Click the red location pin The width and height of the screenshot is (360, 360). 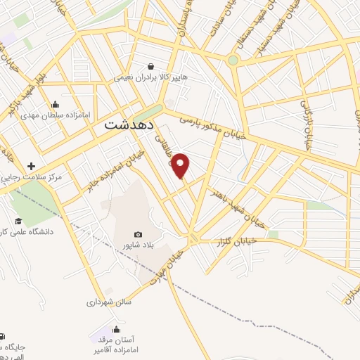(181, 165)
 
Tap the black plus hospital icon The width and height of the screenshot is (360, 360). (31, 167)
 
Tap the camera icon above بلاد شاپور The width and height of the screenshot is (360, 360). (138, 235)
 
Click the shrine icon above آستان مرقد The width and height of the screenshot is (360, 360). (116, 328)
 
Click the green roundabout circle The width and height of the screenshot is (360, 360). (233, 60)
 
